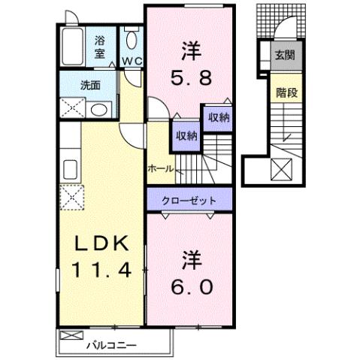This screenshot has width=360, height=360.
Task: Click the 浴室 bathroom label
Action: tap(101, 47)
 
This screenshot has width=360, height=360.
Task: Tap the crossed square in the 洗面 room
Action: tap(73, 110)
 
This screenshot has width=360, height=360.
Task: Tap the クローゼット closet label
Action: tap(189, 201)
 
